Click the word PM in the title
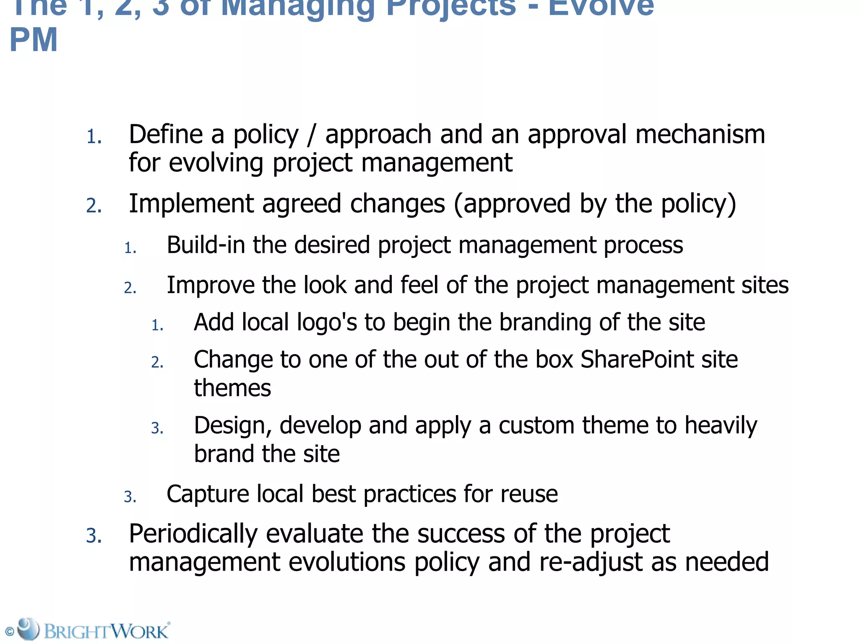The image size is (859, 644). [34, 40]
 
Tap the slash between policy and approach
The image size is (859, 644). [311, 135]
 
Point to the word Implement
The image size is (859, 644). [191, 204]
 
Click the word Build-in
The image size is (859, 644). [206, 245]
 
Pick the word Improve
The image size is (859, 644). [210, 286]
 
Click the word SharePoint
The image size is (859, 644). [637, 360]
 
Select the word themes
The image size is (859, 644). [232, 388]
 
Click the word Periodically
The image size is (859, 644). [193, 534]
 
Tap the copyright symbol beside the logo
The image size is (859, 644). [9, 631]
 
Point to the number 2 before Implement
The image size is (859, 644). [93, 206]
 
